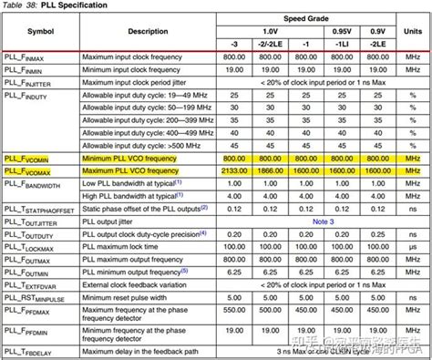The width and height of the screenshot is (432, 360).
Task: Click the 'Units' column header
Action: tap(411, 31)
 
